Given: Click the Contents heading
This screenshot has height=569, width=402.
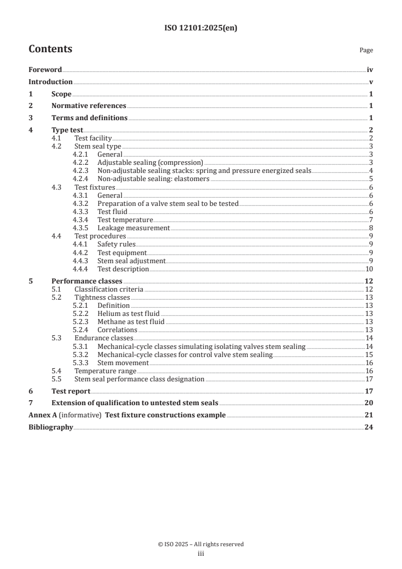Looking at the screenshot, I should pos(50,49).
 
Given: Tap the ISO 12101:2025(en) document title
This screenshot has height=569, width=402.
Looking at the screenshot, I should pos(201,28).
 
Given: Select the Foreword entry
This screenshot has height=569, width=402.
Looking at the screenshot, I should pos(45,70).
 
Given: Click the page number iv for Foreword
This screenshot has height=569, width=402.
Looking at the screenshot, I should pos(370,70).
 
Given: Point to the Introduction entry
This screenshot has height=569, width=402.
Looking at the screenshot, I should pos(50,82).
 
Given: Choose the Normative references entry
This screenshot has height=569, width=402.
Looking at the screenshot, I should pos(89,106).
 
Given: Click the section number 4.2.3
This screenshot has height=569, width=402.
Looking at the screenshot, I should pos(81,170).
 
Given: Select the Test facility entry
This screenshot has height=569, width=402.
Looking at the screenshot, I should pos(93,138).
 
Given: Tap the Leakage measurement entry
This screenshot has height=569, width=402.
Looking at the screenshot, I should pos(133,228).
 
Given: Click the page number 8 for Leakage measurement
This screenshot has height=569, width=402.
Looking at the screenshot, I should pos(372,228).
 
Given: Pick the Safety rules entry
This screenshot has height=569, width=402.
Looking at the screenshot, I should pos(116,244).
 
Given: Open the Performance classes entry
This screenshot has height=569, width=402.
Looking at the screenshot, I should pos(87,281).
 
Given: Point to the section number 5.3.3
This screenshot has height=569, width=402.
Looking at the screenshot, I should pos(81,363).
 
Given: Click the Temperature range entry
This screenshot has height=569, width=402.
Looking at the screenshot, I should pos(105,371).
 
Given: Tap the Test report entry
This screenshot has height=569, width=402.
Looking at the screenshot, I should pos(71,391).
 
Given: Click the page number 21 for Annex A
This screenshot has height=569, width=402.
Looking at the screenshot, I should pos(369,415).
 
